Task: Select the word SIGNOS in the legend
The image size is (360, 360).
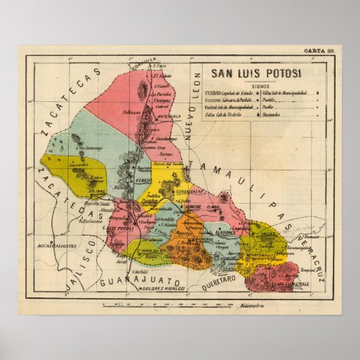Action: (259, 86)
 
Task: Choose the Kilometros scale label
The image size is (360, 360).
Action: (250, 304)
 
